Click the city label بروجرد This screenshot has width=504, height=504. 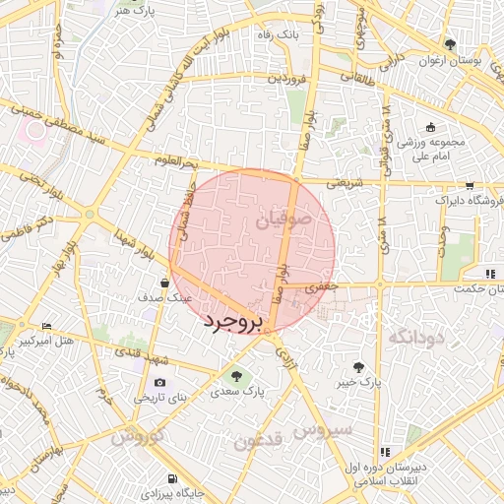pos(232,322)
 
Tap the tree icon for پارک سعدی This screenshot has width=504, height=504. pos(235,374)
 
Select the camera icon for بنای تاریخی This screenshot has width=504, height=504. pos(159,383)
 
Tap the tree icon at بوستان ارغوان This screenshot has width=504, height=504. pos(451,44)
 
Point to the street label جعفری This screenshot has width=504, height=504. pos(324,287)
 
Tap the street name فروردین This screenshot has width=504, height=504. pos(280,76)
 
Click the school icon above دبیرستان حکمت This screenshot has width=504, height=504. pos(489,273)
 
